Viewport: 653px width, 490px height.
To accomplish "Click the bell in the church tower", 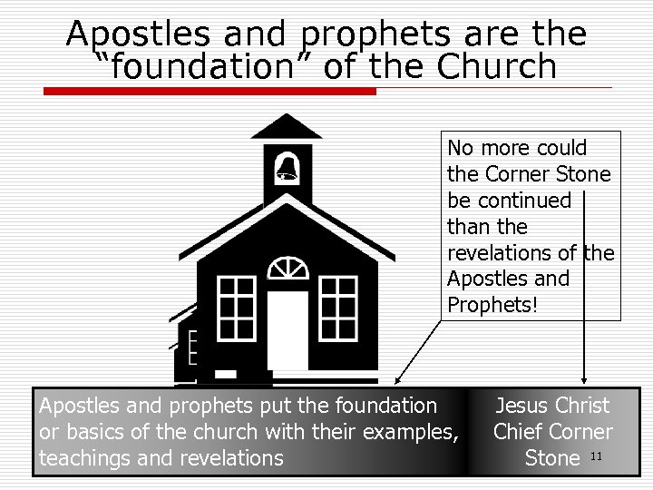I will pyautogui.click(x=288, y=167).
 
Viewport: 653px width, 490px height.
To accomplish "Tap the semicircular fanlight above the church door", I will pyautogui.click(x=288, y=269).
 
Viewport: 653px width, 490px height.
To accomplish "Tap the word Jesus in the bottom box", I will pyautogui.click(x=521, y=406).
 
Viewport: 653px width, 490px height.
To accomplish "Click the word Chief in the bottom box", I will pyautogui.click(x=519, y=432).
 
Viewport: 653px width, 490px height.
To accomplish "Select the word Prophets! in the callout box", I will pyautogui.click(x=492, y=304).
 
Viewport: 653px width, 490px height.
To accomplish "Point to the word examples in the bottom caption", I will pyautogui.click(x=413, y=432).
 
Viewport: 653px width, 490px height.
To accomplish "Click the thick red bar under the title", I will pyautogui.click(x=209, y=90).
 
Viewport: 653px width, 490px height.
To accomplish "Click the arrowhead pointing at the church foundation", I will pyautogui.click(x=398, y=380).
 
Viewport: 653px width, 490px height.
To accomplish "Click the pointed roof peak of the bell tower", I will pyautogui.click(x=287, y=119).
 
